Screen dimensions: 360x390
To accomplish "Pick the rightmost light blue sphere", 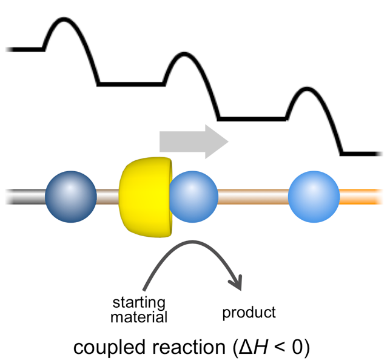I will [314, 196].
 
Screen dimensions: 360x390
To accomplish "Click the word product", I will [249, 313].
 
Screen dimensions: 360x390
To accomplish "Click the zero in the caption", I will [301, 347].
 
